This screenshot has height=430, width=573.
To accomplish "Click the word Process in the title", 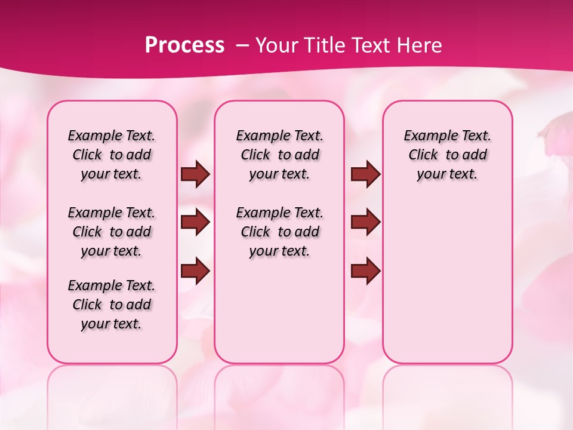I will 184,45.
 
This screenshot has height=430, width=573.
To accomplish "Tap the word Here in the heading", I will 418,45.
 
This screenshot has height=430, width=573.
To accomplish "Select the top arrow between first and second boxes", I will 195,174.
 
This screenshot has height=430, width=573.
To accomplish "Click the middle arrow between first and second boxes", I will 195,222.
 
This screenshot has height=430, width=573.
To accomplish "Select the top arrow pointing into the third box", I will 365,174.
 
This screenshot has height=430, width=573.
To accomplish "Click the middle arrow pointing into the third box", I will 365,222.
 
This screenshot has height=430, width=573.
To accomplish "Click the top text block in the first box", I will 112,155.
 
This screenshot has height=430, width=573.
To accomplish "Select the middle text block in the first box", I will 112,232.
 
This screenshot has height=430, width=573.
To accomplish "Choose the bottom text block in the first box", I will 112,305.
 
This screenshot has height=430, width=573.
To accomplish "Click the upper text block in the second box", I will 279,155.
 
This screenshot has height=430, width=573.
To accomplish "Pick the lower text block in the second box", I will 279,232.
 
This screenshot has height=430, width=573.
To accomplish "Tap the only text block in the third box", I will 447,155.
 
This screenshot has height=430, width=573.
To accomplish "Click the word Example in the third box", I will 426,136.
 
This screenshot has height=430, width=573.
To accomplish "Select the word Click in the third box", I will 423,155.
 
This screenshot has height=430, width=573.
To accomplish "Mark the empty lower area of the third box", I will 447,275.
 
